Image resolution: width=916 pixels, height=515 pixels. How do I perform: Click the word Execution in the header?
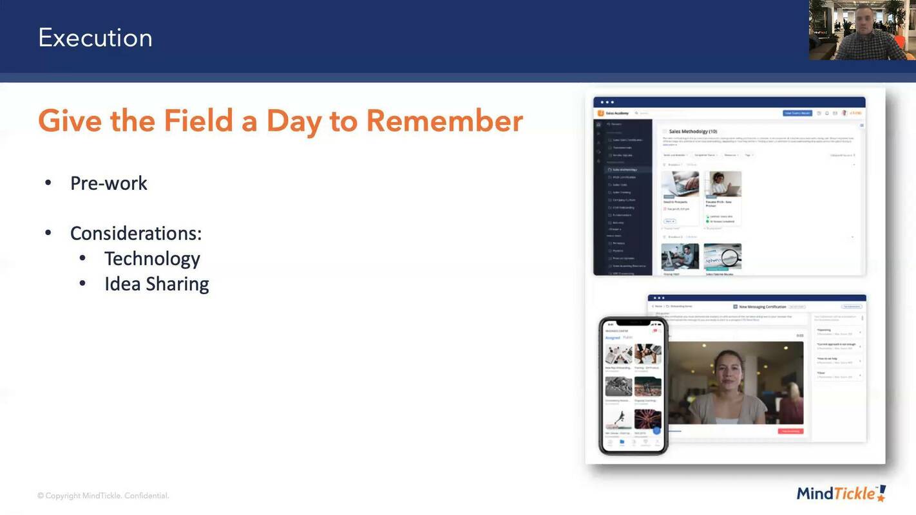(95, 38)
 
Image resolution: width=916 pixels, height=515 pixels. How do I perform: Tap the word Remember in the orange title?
(444, 121)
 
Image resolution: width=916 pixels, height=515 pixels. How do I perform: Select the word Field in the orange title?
(198, 121)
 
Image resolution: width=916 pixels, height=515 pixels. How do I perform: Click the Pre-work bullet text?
(109, 183)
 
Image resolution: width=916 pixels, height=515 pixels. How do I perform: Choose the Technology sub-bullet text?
(152, 259)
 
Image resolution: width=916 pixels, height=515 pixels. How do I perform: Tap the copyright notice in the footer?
(103, 496)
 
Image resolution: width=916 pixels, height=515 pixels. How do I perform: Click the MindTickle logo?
(841, 493)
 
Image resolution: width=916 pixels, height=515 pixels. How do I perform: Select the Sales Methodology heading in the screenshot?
(693, 131)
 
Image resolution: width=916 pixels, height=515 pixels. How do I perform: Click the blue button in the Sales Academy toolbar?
(797, 113)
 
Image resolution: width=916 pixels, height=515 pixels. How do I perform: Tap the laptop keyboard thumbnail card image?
(680, 184)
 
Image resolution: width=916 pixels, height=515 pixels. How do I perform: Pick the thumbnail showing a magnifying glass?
(722, 256)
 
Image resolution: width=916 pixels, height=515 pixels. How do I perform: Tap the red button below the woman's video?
(790, 431)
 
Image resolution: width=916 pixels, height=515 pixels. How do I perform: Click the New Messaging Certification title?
(763, 307)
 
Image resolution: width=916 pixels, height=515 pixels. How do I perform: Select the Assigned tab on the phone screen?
(612, 337)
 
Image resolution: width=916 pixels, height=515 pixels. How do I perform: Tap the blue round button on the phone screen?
(656, 430)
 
